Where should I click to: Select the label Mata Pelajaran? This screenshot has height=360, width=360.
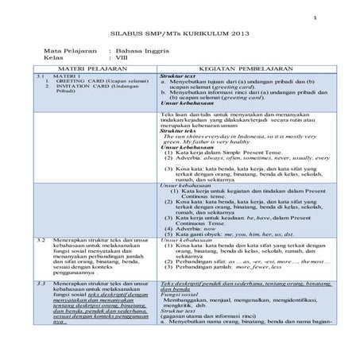pos(73,49)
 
